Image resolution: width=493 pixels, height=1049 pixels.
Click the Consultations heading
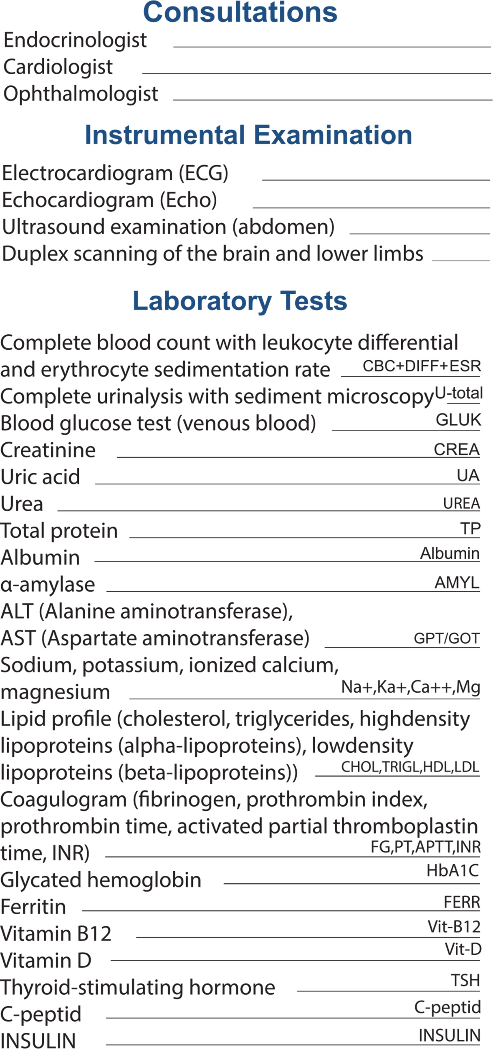[240, 13]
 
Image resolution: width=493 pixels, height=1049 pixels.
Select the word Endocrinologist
[75, 40]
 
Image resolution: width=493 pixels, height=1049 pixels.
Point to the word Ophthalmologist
[81, 94]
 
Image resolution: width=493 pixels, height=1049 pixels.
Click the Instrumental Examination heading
[248, 135]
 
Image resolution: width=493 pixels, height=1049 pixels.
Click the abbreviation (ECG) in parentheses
[204, 173]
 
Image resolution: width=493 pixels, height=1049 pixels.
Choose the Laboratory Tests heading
[240, 301]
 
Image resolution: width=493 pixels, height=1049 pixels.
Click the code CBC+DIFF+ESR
[422, 366]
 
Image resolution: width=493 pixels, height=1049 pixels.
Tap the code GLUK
[458, 420]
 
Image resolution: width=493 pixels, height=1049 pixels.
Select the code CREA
[456, 449]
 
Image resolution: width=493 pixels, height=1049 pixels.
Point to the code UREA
[461, 504]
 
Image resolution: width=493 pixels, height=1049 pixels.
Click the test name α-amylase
[48, 585]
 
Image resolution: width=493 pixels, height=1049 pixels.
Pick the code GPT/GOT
[446, 638]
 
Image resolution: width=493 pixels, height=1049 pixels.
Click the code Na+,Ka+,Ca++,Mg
[410, 687]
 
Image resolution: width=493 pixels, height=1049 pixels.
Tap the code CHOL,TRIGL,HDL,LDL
[410, 767]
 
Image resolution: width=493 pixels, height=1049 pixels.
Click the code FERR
[462, 903]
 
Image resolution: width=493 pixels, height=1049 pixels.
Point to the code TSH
[465, 981]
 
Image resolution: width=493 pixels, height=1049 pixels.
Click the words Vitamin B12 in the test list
[56, 934]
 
